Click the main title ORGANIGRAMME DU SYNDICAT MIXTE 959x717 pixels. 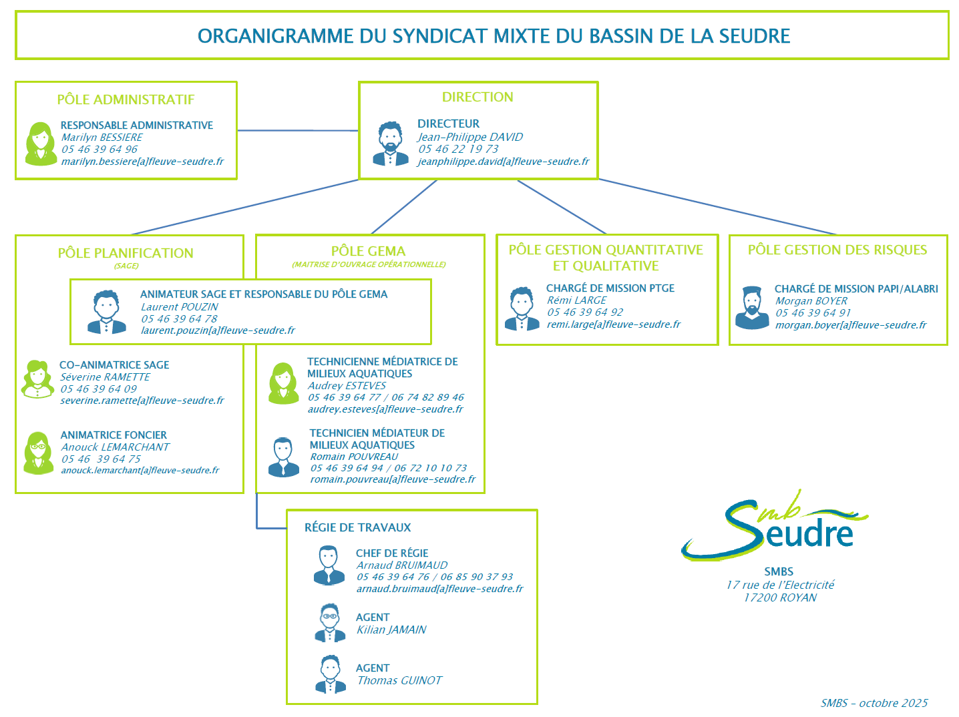coord(494,36)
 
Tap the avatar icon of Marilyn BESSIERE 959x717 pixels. coord(41,144)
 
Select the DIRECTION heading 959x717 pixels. coord(477,97)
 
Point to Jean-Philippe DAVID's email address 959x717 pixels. coord(504,162)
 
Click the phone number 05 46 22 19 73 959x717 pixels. coord(458,150)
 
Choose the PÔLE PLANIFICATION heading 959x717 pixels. coord(126,254)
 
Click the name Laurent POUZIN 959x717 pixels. coord(179,307)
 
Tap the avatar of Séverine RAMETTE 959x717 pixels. coord(37,379)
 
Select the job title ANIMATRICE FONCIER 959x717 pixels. coord(114,435)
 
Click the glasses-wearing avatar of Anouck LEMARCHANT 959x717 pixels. coord(39,453)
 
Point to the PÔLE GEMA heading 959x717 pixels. coord(368,252)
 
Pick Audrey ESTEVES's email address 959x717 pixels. coord(385,409)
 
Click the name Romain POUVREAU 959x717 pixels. coord(354,457)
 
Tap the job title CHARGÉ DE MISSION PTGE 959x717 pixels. coord(610,288)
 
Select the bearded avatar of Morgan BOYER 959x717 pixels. coord(752,308)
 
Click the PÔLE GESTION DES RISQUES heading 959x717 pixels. coord(837,250)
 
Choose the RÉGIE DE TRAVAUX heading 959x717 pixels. coord(357,527)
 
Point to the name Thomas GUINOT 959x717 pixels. coord(399,681)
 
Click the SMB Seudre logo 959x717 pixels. coord(775,527)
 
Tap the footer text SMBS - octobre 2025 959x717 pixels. coord(874,703)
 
